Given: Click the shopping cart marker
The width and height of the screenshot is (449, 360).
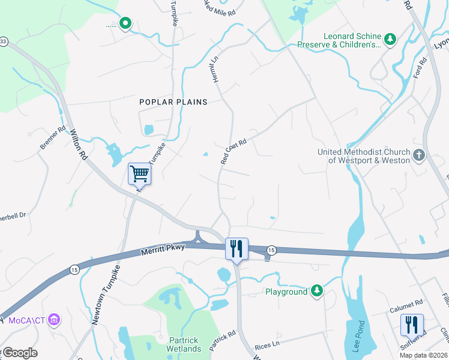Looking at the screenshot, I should point(139,174).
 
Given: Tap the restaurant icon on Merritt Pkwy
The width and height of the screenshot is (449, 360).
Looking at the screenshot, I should point(236,248).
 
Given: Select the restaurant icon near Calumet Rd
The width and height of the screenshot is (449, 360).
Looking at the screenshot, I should point(412,325).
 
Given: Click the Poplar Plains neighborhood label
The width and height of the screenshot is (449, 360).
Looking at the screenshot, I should point(173,102).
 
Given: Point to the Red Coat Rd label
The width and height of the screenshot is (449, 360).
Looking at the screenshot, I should point(234,152).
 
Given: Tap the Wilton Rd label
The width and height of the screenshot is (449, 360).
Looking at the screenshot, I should point(79,145).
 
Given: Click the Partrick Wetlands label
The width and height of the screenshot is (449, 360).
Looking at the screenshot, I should point(184,344).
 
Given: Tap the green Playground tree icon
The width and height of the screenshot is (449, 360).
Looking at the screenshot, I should point(317,292).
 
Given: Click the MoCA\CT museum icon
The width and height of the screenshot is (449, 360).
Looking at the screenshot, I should point(55,318).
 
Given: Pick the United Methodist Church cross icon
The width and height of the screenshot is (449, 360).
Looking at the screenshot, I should point(419,156).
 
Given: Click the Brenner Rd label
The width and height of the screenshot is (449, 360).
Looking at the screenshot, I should point(52,138).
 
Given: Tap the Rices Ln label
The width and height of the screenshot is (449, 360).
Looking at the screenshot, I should point(268,344).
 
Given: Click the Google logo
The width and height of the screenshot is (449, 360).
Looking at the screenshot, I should point(20,353).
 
